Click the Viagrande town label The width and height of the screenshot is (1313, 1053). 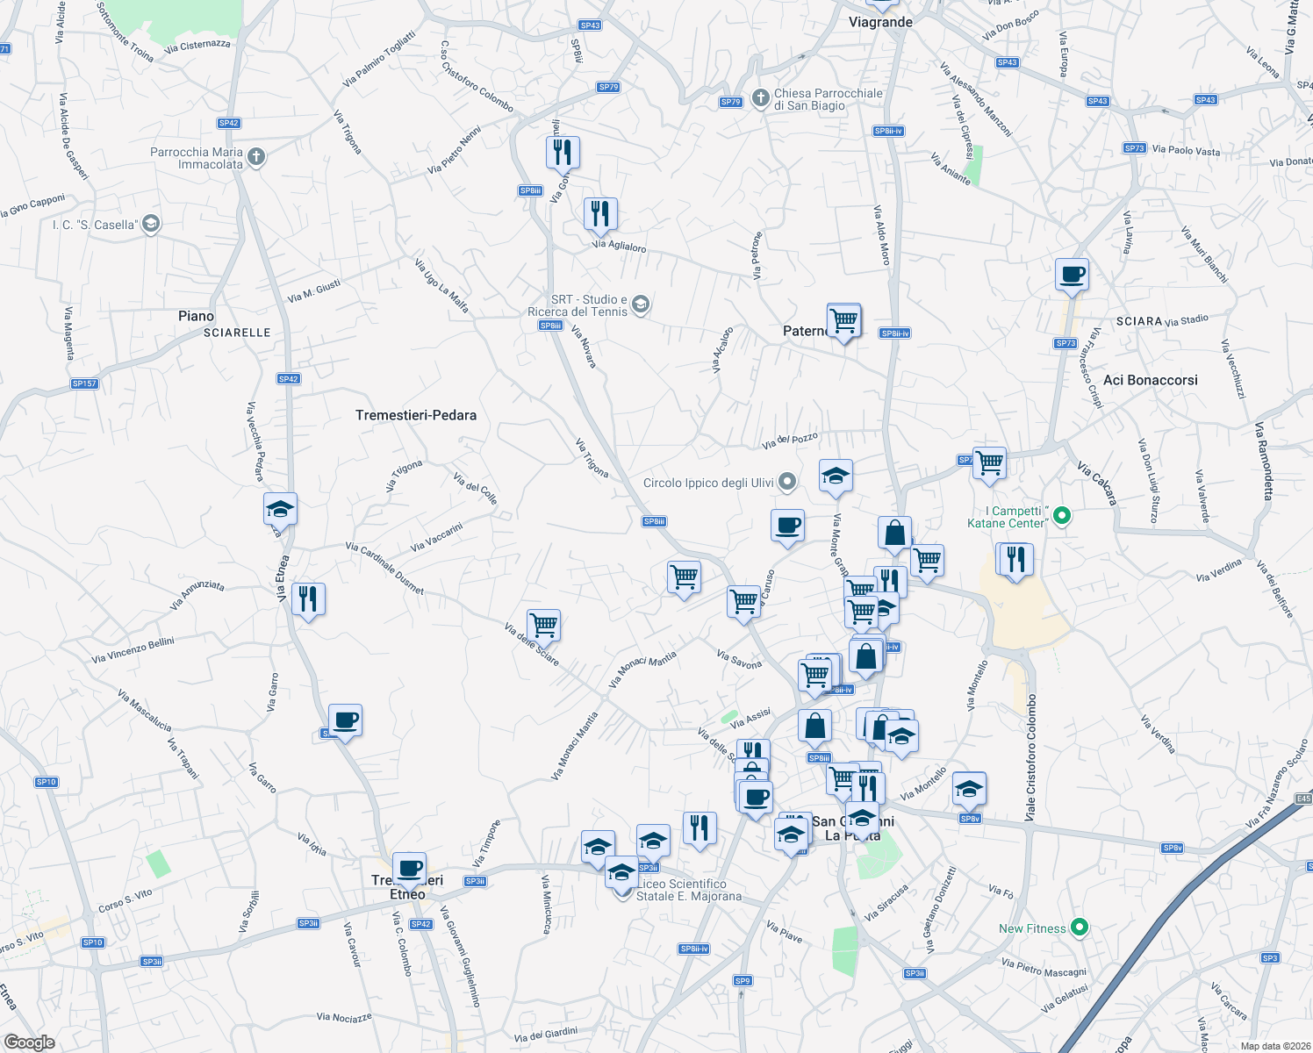[x=880, y=22]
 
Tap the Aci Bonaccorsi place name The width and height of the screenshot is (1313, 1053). [x=1150, y=380]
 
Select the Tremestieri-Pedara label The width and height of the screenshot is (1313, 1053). [x=416, y=415]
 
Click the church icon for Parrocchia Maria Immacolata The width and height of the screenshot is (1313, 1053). [x=255, y=158]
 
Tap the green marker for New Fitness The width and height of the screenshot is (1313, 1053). [x=1080, y=928]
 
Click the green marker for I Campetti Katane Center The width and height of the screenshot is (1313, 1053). [x=1061, y=516]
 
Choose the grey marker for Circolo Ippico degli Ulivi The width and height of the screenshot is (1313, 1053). [x=787, y=481]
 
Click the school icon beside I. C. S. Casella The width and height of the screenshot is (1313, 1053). [x=151, y=224]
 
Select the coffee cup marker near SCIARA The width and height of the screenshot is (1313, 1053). [x=1072, y=274]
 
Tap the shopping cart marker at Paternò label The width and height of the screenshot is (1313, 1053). [x=843, y=320]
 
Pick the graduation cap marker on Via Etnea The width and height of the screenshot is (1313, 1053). [x=281, y=509]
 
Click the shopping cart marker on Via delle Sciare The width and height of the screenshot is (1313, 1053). [x=544, y=626]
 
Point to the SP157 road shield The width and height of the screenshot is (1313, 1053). [x=84, y=383]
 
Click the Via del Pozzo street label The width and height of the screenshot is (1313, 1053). [x=790, y=441]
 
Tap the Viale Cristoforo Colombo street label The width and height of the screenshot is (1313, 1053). [x=1030, y=758]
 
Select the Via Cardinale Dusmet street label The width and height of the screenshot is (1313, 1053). [x=384, y=569]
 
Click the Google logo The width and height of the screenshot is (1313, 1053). [x=29, y=1042]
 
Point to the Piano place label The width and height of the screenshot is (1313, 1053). [x=196, y=316]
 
